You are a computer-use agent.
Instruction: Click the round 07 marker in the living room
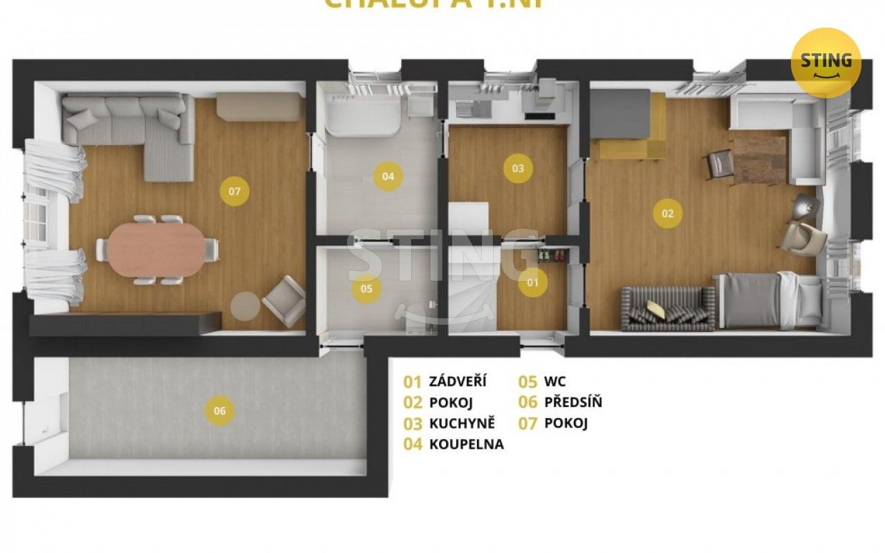click(234, 191)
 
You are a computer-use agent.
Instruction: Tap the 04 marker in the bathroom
click(388, 176)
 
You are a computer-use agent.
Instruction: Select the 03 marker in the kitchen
click(518, 168)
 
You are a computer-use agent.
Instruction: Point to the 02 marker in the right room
click(667, 214)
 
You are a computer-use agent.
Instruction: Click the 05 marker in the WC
click(366, 289)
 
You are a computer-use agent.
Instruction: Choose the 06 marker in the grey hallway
click(220, 411)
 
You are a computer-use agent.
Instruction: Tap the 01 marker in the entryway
click(532, 283)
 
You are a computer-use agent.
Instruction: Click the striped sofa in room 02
click(668, 308)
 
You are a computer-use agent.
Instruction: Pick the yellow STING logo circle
click(826, 62)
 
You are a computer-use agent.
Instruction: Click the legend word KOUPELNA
click(467, 444)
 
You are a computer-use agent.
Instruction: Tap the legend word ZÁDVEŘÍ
click(458, 382)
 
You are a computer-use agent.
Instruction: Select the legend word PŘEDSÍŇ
click(573, 402)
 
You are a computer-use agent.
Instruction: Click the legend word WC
click(555, 382)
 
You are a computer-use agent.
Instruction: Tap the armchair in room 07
click(284, 301)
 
